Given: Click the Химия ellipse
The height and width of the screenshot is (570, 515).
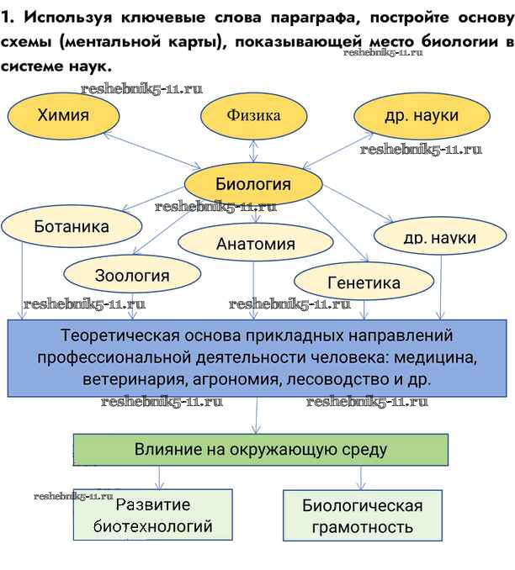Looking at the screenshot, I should tap(63, 115).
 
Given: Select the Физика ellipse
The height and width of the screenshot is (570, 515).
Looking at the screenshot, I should tap(253, 115).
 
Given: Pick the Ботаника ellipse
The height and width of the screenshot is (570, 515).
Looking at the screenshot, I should tap(72, 227).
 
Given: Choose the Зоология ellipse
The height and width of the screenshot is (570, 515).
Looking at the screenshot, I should tap(131, 275).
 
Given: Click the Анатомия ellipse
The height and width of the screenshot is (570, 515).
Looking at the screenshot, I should tap(256, 244).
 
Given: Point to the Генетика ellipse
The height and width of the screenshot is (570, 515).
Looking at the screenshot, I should tap(363, 283).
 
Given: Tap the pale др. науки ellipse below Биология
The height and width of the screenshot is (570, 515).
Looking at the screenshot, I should tap(439, 237).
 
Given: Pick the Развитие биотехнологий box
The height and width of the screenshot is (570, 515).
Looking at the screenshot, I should tap(152, 516).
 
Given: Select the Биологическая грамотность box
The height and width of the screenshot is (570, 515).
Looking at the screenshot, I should tap(363, 516).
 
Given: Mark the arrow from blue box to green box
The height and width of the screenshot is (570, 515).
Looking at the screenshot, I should tap(257, 416).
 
